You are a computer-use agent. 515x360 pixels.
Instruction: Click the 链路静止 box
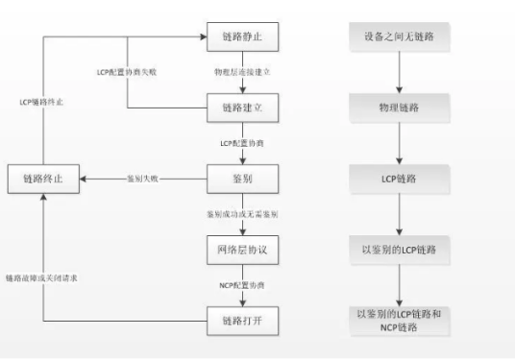(243, 36)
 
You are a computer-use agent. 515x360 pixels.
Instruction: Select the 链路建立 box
(243, 108)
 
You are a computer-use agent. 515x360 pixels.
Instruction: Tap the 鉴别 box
(243, 179)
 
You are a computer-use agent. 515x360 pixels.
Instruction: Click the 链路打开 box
(243, 320)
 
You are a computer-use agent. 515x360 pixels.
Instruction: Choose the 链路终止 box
(44, 179)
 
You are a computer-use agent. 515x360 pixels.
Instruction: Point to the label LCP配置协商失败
(131, 72)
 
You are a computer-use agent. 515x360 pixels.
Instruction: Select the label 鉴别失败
(143, 179)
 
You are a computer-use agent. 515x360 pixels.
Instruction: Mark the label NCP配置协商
(243, 285)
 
